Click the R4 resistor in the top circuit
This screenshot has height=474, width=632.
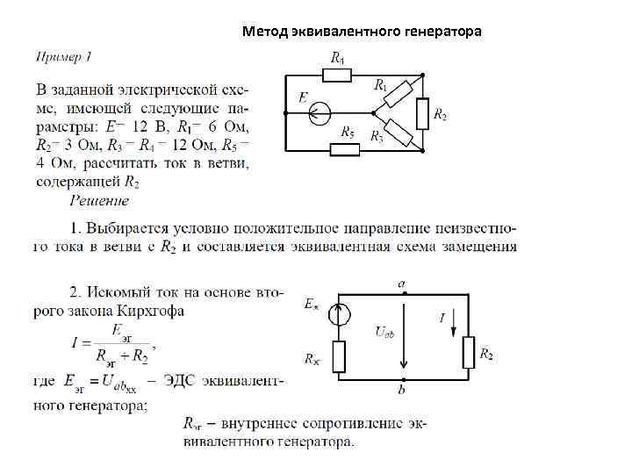pos(337,75)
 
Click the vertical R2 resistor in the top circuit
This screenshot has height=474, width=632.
pos(424,113)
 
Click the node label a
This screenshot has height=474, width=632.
pos(402,284)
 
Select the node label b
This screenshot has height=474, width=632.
pos(402,389)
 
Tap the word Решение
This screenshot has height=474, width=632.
pos(100,201)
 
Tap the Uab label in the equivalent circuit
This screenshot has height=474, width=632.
pos(385,331)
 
